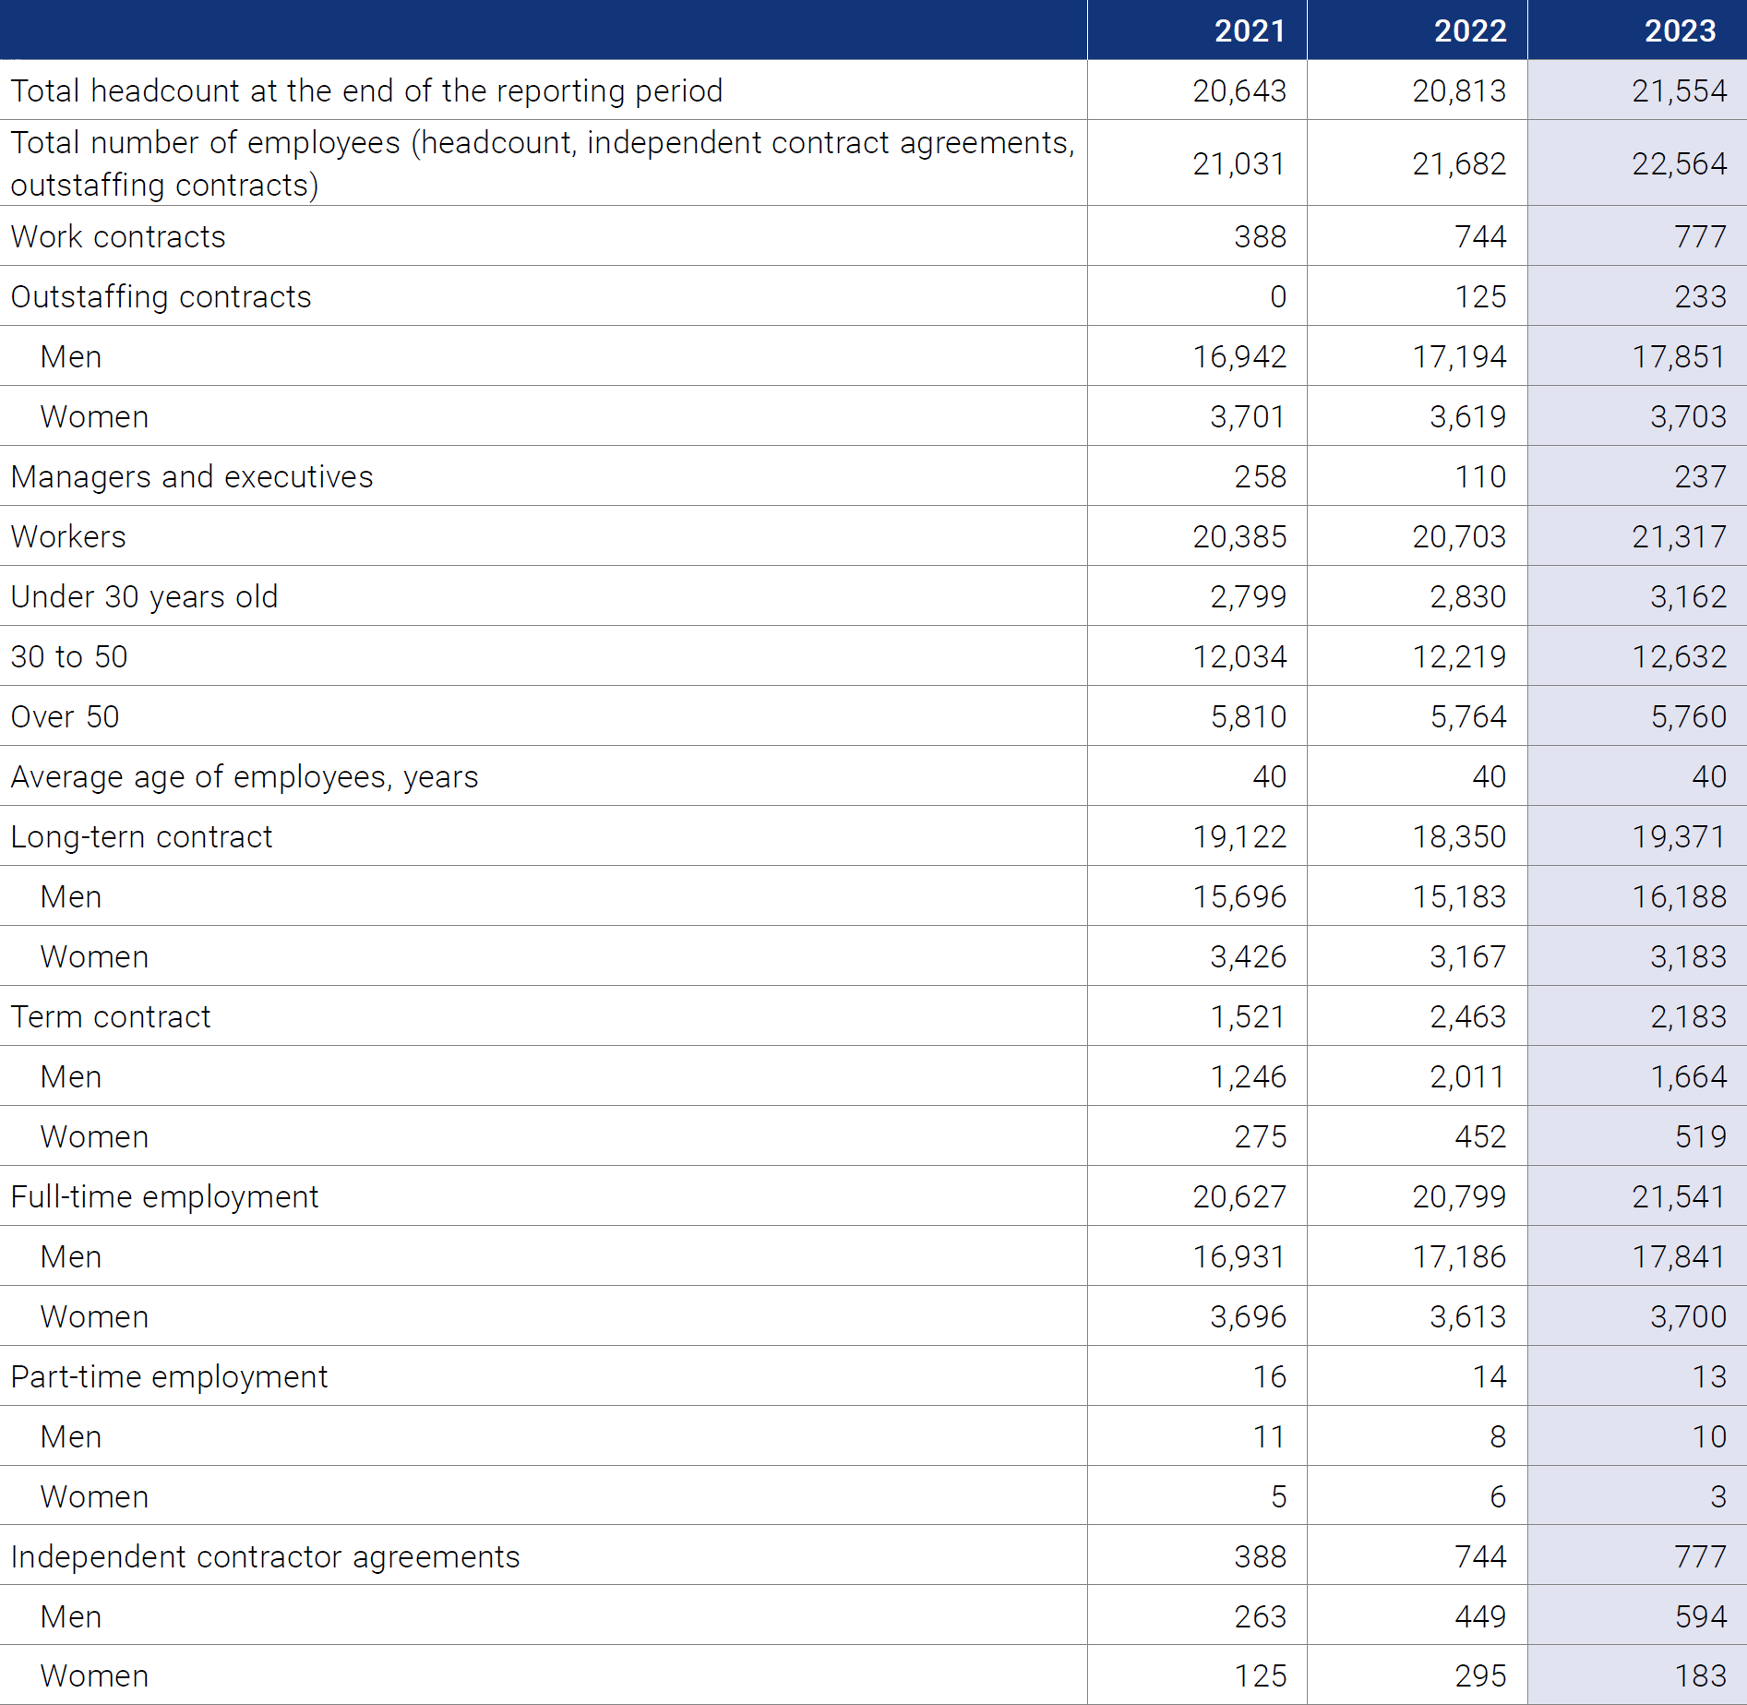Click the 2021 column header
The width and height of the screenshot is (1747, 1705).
(x=1250, y=31)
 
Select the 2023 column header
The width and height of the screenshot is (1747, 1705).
(x=1681, y=31)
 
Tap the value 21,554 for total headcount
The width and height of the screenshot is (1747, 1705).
(x=1679, y=90)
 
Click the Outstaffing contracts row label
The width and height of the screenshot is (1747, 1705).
(x=161, y=297)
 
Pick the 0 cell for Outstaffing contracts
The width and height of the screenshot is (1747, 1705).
(x=1277, y=297)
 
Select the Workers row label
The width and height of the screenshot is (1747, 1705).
(x=68, y=537)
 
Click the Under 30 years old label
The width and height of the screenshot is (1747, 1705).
(x=144, y=597)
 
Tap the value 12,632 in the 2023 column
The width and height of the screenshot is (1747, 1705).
(x=1679, y=657)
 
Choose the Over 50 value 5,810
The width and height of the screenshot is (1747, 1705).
(x=1248, y=717)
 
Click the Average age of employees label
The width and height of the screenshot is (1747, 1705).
(x=245, y=777)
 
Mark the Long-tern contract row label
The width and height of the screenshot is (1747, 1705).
(x=141, y=837)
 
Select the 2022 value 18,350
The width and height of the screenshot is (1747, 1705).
(x=1459, y=837)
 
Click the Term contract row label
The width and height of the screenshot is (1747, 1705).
(x=111, y=1017)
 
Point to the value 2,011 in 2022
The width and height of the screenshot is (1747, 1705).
(x=1467, y=1077)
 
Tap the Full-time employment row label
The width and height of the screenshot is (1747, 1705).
(x=164, y=1197)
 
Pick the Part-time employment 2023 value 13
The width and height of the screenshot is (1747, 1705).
(x=1709, y=1377)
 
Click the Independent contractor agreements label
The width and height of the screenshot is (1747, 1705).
(x=265, y=1557)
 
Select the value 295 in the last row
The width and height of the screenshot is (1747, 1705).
(x=1480, y=1676)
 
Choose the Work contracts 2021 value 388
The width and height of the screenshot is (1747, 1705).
(x=1260, y=237)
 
